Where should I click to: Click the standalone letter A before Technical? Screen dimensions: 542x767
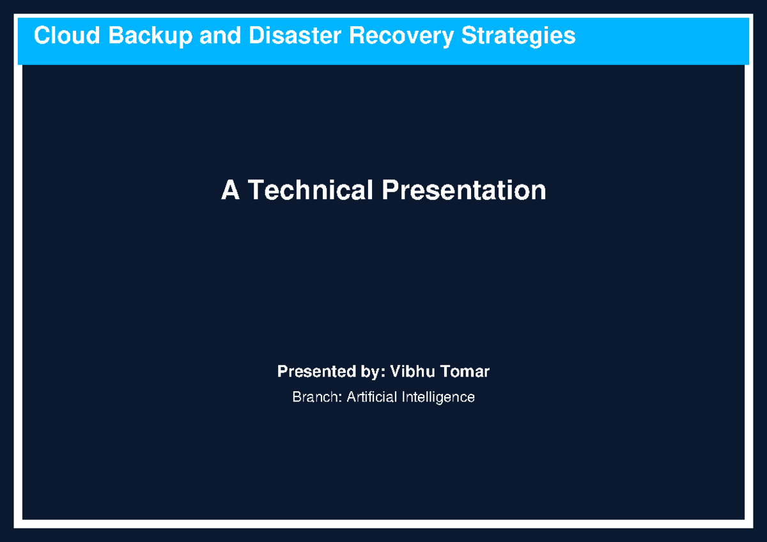click(x=230, y=190)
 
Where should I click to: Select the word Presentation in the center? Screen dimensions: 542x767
click(x=464, y=190)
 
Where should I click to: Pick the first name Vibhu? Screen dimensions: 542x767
click(x=410, y=372)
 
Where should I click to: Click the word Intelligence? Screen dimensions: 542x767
click(x=438, y=397)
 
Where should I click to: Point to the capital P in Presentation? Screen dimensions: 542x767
click(x=389, y=190)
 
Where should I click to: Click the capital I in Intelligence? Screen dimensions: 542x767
click(x=403, y=397)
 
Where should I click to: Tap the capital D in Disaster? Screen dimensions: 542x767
click(x=256, y=36)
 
